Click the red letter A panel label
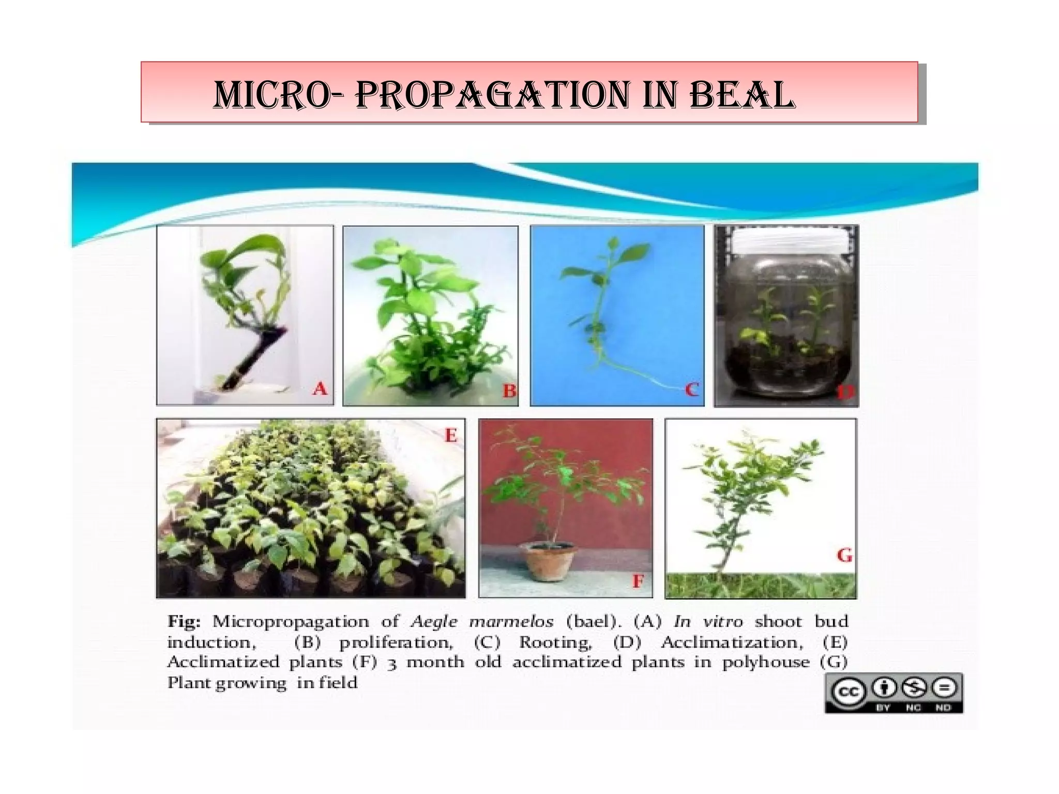click(x=320, y=389)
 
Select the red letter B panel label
click(x=509, y=391)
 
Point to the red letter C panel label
click(x=691, y=390)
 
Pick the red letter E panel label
click(x=451, y=436)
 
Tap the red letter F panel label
click(x=638, y=582)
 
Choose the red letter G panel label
click(x=843, y=556)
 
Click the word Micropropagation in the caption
click(x=291, y=621)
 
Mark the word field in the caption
click(x=338, y=683)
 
